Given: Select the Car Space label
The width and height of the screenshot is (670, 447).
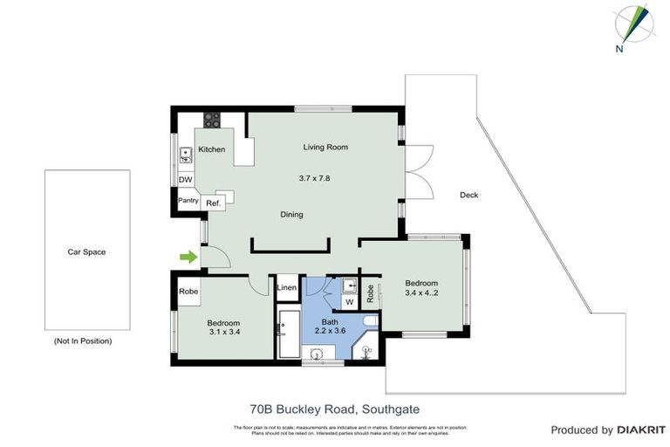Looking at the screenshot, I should pos(86,252).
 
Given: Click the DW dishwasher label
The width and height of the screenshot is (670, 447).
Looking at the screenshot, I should pos(185,180).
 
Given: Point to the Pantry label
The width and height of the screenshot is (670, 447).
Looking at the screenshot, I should pos(188,201).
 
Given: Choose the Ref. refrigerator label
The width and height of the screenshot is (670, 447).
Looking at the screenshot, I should pos(214,203).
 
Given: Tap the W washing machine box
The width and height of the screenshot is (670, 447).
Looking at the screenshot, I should pos(348,303).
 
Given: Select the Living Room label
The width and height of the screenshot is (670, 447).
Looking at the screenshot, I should pos(325,147).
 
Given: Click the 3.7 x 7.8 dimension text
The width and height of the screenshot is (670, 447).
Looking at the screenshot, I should pos(314,178).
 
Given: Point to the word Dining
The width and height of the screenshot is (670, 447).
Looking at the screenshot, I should pos(291,214).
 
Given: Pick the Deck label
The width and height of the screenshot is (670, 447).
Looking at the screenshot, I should pos(468,195).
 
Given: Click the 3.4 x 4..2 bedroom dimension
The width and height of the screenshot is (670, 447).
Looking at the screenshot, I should pos(420,293).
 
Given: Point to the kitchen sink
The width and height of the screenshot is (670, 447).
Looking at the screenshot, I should pos(185,155).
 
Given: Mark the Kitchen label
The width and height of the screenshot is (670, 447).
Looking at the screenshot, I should pos(212,149).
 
